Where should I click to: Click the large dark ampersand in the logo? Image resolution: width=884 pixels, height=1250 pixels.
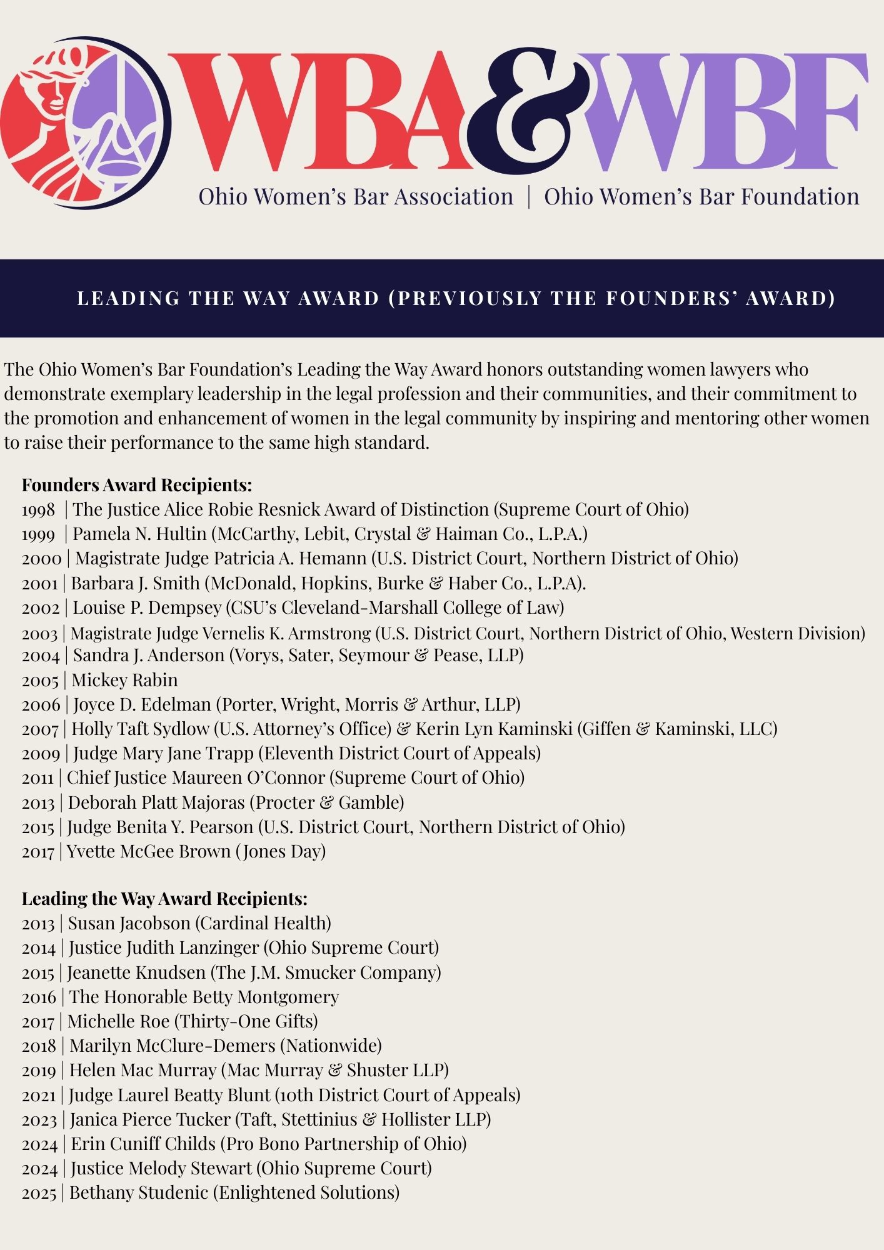(528, 112)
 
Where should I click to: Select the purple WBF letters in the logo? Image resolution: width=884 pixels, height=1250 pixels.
(725, 112)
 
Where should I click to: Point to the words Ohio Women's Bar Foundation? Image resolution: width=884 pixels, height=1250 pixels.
(701, 197)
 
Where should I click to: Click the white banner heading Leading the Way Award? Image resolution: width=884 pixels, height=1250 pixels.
(456, 298)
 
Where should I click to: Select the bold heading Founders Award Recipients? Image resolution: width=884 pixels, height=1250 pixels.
(137, 485)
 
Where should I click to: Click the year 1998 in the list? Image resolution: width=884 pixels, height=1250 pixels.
(39, 510)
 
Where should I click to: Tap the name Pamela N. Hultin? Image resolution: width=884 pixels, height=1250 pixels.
(139, 534)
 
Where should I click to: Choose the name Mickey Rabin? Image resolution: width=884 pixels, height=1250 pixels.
(124, 680)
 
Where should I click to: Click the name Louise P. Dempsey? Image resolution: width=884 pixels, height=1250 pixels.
(147, 607)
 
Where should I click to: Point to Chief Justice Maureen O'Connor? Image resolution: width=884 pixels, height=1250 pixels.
(196, 777)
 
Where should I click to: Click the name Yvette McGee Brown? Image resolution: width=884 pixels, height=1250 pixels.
(148, 851)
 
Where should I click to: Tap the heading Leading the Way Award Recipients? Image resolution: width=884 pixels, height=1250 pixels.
(164, 899)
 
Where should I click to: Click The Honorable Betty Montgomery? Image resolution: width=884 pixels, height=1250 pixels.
(204, 997)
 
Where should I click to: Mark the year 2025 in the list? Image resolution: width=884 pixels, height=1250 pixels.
(39, 1193)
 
